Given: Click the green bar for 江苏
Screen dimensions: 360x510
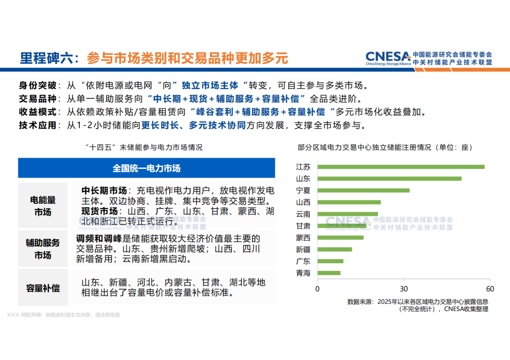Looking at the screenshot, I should (x=400, y=167).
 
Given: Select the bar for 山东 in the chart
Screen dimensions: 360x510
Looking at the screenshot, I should (x=389, y=178).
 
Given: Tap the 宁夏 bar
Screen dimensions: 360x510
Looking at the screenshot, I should (x=363, y=190).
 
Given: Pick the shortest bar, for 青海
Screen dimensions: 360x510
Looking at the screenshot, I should (x=329, y=273).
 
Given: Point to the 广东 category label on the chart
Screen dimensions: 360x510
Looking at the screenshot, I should (x=303, y=261).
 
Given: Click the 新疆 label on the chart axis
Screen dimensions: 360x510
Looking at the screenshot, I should (x=303, y=249).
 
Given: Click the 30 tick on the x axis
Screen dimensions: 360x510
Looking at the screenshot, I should (x=404, y=289).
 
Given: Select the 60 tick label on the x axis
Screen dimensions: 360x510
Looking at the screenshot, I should (x=490, y=289).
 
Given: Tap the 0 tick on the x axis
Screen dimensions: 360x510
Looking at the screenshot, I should (x=317, y=289).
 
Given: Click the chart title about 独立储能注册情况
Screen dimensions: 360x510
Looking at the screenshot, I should (x=385, y=147).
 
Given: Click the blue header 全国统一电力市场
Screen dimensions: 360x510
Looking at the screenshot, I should (x=146, y=168).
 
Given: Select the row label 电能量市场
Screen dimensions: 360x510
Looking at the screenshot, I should (x=42, y=206).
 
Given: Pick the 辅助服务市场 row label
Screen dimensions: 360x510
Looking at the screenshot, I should (x=42, y=249).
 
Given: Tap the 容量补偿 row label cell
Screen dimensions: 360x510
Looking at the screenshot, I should (x=42, y=287).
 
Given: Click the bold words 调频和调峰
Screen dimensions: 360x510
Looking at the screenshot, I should (x=99, y=239).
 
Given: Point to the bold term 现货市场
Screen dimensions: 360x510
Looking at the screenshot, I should (x=99, y=211).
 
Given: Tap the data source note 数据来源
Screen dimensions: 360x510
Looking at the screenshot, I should (x=417, y=305).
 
